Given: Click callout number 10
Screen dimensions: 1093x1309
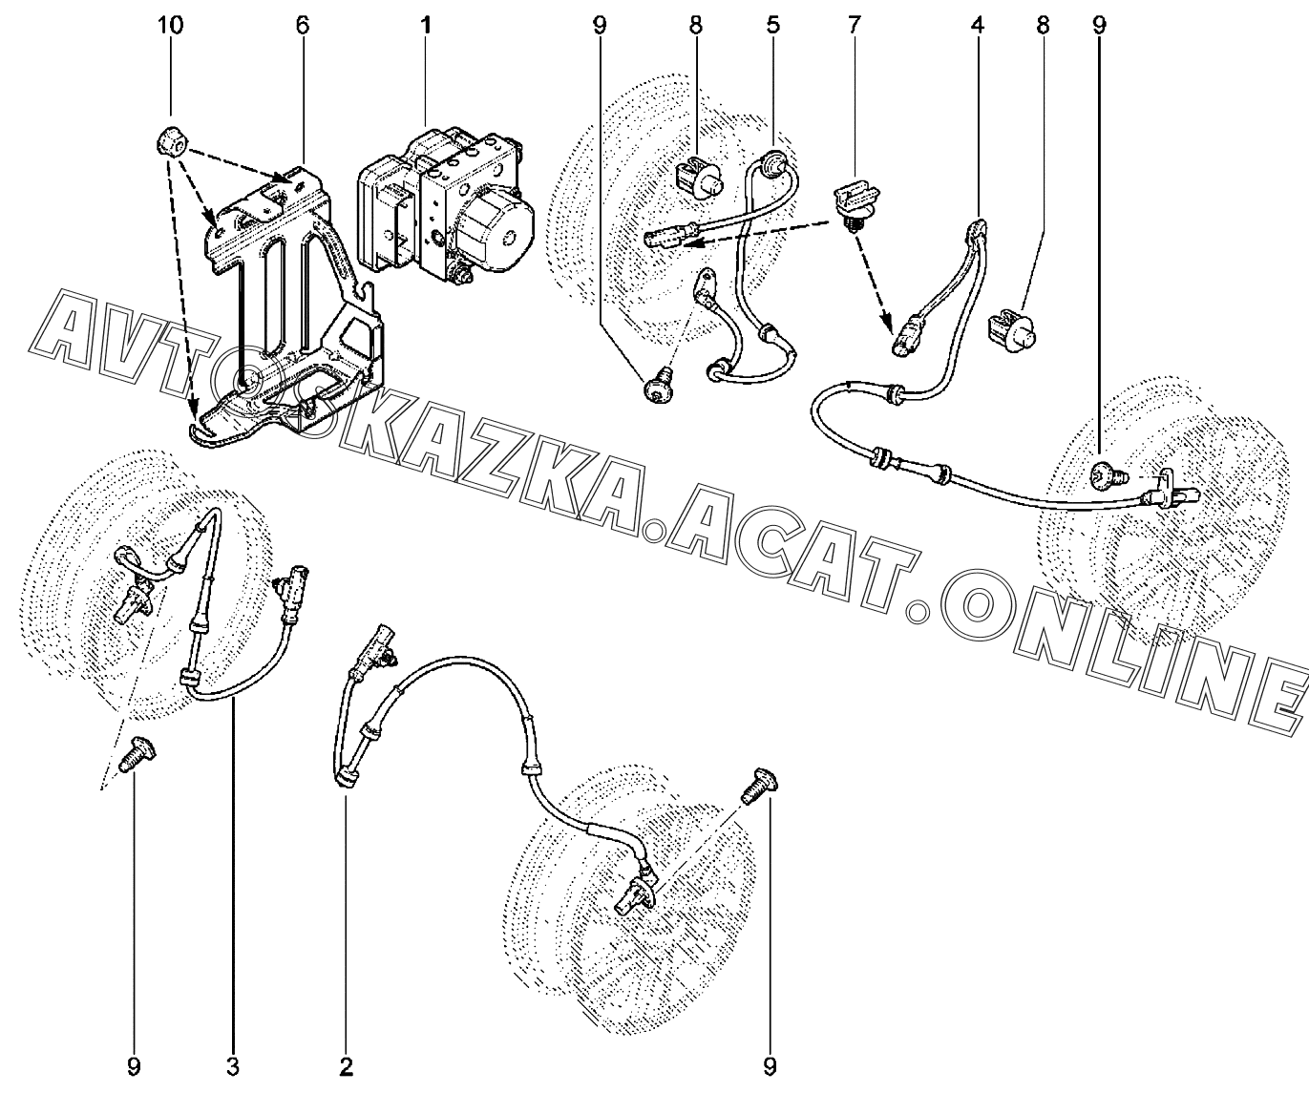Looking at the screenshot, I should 172,26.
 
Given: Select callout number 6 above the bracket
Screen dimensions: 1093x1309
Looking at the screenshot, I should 303,26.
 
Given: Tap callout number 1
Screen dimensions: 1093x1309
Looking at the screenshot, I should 425,26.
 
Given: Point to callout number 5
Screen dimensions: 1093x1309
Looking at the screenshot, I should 771,26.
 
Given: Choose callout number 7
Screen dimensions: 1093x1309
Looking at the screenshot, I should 853,26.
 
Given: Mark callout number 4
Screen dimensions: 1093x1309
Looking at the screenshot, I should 977,26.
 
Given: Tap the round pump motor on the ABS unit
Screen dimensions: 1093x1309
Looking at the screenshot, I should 499,229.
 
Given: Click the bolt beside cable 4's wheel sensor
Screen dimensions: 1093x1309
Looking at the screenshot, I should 1110,472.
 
